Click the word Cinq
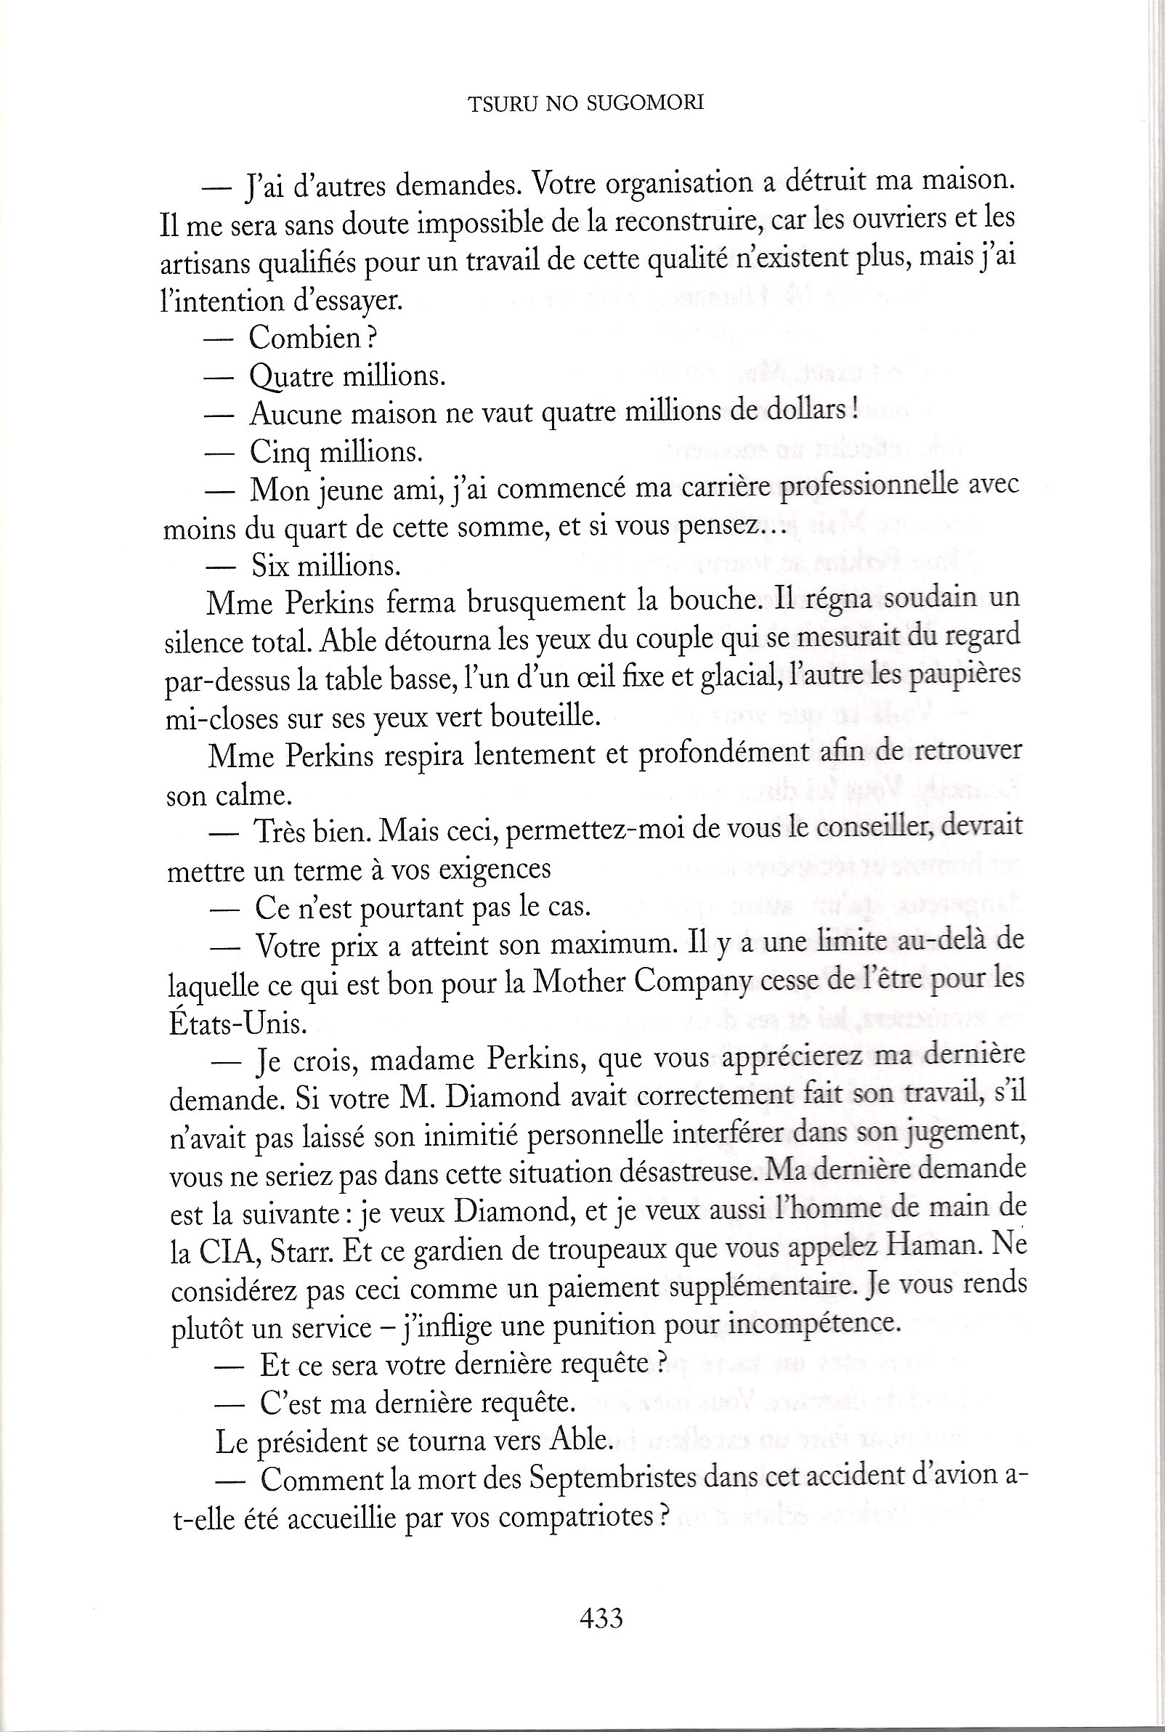279,452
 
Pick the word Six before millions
269,566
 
